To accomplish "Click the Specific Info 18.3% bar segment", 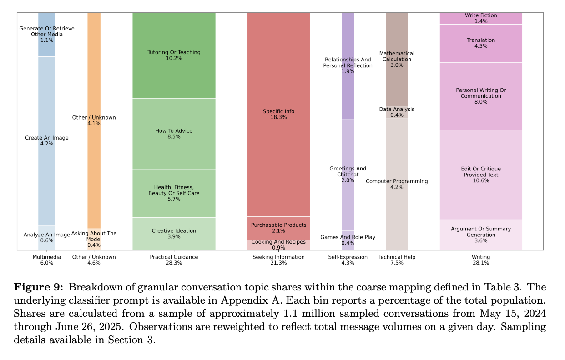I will [x=278, y=114].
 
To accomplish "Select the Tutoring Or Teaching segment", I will [x=174, y=55].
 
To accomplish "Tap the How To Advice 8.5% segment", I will [x=174, y=134].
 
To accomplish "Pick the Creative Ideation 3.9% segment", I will [x=174, y=234].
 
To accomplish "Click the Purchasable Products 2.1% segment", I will [x=278, y=228].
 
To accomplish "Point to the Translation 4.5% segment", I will [x=480, y=43].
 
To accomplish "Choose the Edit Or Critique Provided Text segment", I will [x=480, y=175].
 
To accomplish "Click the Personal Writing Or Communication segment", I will [x=480, y=96].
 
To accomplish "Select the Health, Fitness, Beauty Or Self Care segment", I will [x=174, y=193].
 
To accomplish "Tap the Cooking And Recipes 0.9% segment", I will [x=278, y=245].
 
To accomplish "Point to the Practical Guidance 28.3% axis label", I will [x=174, y=260].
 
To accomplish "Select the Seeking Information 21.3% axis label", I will [x=278, y=260].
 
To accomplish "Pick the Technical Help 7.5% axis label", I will [x=397, y=260].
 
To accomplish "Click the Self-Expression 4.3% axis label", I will [x=348, y=260].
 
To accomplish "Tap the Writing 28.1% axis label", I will [x=480, y=260].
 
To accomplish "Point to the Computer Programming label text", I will [x=397, y=181].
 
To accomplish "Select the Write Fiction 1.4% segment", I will [x=480, y=18].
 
